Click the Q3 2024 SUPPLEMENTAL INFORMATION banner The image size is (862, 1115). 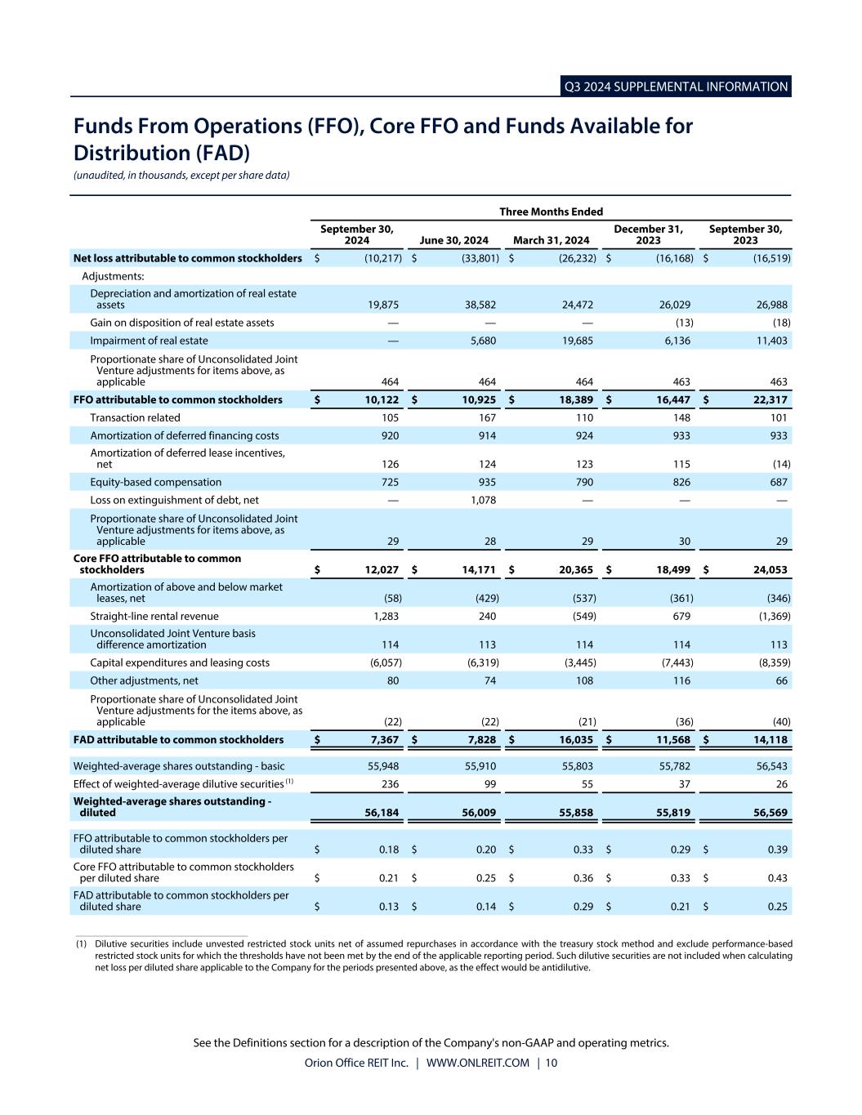click(676, 87)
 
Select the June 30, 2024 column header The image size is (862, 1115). click(453, 240)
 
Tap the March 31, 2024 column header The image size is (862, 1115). click(551, 240)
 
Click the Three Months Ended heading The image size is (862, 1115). click(551, 212)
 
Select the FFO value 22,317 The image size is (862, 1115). click(768, 399)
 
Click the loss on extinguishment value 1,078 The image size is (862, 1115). click(484, 500)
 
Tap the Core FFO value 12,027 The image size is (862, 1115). click(379, 569)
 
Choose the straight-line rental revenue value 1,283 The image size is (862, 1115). click(384, 616)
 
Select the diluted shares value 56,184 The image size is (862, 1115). click(379, 813)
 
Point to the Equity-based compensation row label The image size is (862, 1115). click(155, 482)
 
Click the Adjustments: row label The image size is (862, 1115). click(113, 276)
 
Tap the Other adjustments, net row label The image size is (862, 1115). click(144, 680)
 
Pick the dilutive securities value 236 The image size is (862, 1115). click(390, 784)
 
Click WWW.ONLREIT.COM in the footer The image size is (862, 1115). click(477, 1063)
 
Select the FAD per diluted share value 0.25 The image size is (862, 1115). click(778, 907)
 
